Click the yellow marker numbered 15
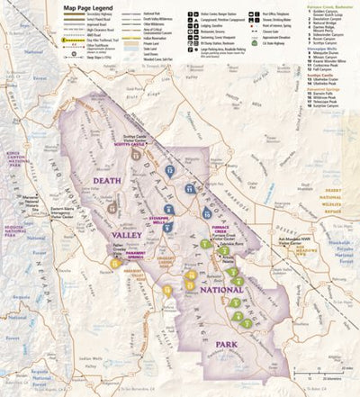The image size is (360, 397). click(116, 264)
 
